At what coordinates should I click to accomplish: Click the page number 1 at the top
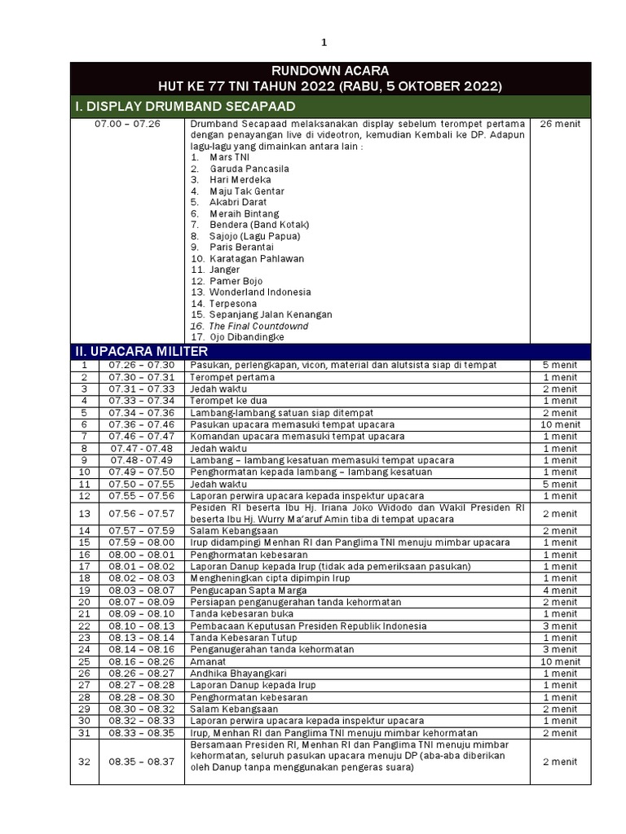click(323, 42)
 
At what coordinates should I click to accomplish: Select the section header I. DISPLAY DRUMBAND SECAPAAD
click(185, 107)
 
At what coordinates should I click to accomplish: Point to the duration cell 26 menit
click(560, 124)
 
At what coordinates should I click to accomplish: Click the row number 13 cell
click(84, 514)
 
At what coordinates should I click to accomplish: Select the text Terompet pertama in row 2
click(232, 377)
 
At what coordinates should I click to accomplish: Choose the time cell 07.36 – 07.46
click(141, 424)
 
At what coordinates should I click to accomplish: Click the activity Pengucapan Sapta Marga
click(249, 590)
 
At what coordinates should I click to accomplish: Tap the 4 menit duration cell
click(560, 590)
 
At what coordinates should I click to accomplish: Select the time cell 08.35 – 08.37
click(141, 762)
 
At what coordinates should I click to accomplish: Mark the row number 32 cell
click(84, 762)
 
